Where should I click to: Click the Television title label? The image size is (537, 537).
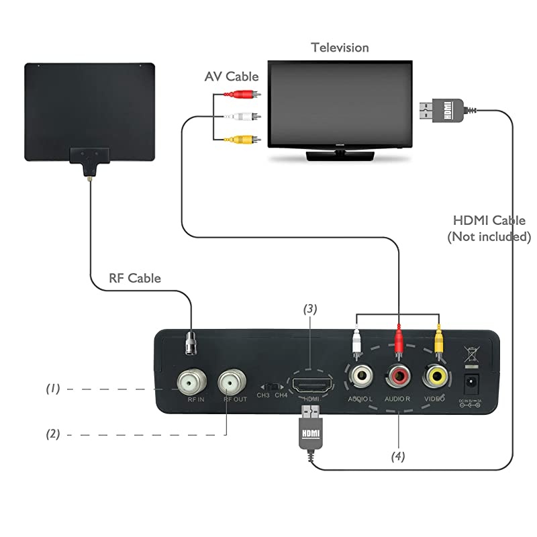pyautogui.click(x=340, y=48)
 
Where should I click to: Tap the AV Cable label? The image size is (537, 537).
pyautogui.click(x=232, y=77)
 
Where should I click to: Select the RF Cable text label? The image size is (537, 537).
pyautogui.click(x=135, y=278)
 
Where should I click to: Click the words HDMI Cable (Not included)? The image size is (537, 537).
pyautogui.click(x=489, y=228)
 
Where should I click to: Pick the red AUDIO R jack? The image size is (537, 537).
pyautogui.click(x=399, y=376)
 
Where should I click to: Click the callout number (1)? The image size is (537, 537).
pyautogui.click(x=53, y=388)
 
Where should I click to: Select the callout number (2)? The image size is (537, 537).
pyautogui.click(x=53, y=434)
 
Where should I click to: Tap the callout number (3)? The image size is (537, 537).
pyautogui.click(x=309, y=309)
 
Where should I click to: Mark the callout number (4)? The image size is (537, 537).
pyautogui.click(x=399, y=456)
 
